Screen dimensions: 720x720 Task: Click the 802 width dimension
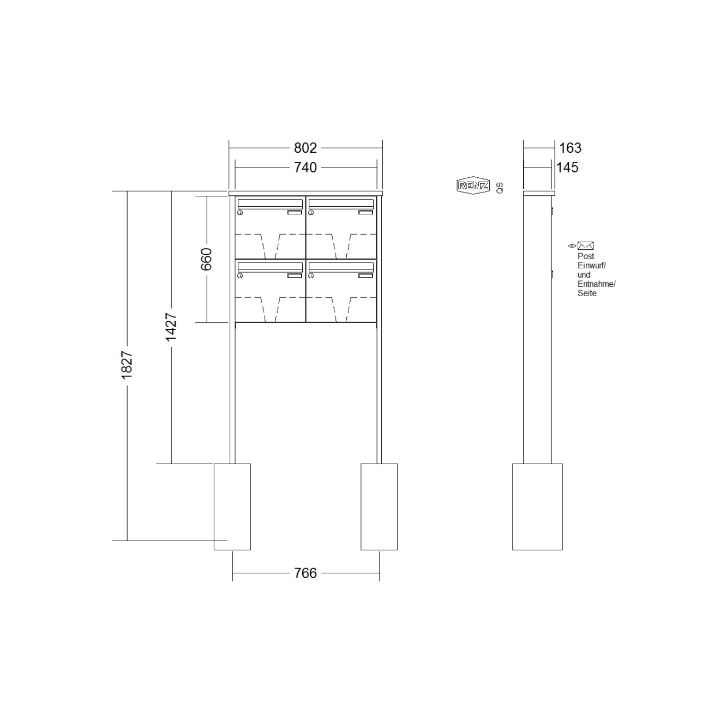[305, 148]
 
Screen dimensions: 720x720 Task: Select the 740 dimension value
[305, 167]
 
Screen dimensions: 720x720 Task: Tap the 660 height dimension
[206, 259]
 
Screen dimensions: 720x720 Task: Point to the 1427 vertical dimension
[171, 327]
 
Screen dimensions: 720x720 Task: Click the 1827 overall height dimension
[127, 365]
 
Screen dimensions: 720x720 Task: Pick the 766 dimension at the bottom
[305, 573]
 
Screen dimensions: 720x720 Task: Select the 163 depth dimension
[570, 148]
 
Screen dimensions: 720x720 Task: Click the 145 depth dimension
[567, 167]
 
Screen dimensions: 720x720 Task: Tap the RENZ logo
[472, 186]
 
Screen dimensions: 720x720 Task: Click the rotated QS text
[500, 188]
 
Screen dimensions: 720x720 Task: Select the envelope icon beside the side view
[585, 246]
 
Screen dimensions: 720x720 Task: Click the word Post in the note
[586, 256]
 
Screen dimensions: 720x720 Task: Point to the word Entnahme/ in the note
[596, 284]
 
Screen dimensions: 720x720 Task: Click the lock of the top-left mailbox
[240, 213]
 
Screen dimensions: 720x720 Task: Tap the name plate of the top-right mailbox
[365, 213]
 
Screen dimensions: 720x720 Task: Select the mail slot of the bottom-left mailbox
[270, 267]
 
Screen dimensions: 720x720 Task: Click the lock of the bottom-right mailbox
[311, 276]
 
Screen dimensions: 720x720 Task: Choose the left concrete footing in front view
[232, 507]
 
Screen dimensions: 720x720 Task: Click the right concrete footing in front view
[379, 507]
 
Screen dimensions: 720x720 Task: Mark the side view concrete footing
[537, 507]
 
